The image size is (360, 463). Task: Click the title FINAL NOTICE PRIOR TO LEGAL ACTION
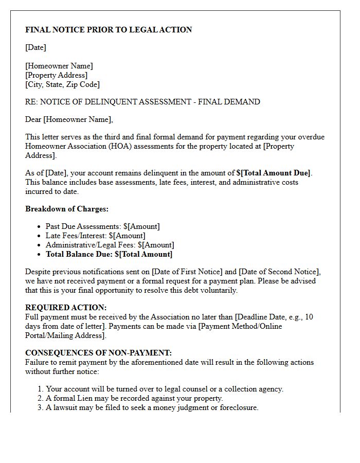pyautogui.click(x=109, y=30)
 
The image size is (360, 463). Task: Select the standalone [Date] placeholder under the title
pyautogui.click(x=35, y=47)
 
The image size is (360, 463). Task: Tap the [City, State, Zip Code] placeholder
pyautogui.click(x=62, y=84)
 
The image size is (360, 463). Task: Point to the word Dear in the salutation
pyautogui.click(x=33, y=119)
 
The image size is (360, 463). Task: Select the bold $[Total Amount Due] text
pyautogui.click(x=274, y=173)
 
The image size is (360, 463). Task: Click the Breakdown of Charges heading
pyautogui.click(x=67, y=209)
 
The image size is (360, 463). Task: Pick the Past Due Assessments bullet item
pyautogui.click(x=102, y=226)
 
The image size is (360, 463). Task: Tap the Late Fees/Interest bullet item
pyautogui.click(x=95, y=236)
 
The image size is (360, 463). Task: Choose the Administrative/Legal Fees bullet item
pyautogui.click(x=110, y=245)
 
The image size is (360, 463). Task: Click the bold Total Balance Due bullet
pyautogui.click(x=109, y=254)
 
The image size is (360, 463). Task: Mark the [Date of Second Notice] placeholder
pyautogui.click(x=280, y=272)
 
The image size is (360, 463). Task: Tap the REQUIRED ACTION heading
pyautogui.click(x=66, y=308)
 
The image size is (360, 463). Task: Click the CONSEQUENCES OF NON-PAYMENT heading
pyautogui.click(x=98, y=353)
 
